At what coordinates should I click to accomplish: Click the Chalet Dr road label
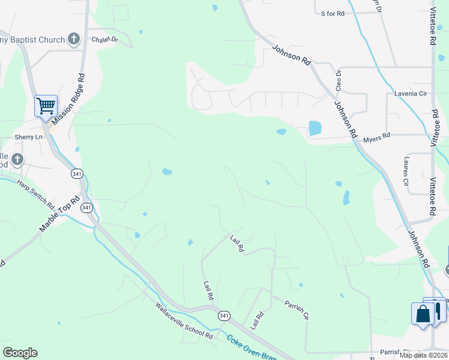pos(105,40)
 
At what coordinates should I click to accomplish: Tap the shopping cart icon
pos(46,106)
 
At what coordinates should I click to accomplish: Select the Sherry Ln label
pos(29,137)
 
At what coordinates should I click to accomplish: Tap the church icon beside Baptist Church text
pos(74,40)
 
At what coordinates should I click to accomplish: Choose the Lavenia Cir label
pos(411,94)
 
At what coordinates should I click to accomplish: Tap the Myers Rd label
pos(377,137)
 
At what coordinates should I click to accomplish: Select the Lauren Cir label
pos(406,172)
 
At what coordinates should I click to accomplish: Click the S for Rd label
pos(333,13)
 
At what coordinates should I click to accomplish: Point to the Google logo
pos(20,353)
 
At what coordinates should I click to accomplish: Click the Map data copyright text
pos(424,355)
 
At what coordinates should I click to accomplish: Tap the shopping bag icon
pos(423,314)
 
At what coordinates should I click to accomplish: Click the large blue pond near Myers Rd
pos(315,128)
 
